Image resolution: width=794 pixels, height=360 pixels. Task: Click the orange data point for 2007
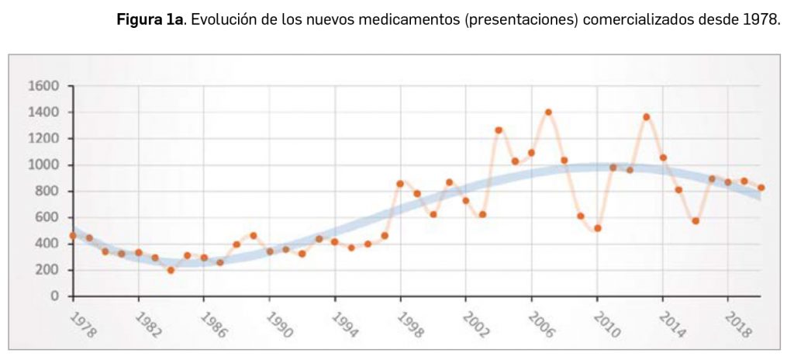[548, 112]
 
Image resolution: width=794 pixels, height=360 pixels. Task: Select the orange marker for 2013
[647, 117]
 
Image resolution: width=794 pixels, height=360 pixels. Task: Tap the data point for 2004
[499, 130]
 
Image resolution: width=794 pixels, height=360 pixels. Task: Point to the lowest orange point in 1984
[171, 270]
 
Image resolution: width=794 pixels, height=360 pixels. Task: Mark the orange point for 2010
[597, 228]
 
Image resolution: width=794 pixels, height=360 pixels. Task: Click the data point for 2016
[696, 221]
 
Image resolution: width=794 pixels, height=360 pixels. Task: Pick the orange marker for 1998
[400, 184]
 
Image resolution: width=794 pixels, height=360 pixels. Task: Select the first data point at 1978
[72, 235]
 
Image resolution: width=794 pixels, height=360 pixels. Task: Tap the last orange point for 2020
[761, 188]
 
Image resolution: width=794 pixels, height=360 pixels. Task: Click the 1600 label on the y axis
[43, 86]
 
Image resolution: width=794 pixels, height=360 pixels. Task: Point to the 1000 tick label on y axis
[43, 165]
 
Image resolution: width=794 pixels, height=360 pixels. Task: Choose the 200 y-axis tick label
[47, 270]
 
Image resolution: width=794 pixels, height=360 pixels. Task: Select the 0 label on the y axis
[54, 296]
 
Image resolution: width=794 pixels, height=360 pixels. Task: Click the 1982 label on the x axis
[147, 325]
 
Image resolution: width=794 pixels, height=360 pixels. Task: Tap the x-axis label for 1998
[409, 325]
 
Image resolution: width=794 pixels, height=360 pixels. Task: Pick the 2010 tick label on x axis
[606, 325]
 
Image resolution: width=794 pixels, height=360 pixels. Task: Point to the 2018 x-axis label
[736, 325]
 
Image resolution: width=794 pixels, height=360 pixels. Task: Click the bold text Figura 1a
[149, 19]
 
